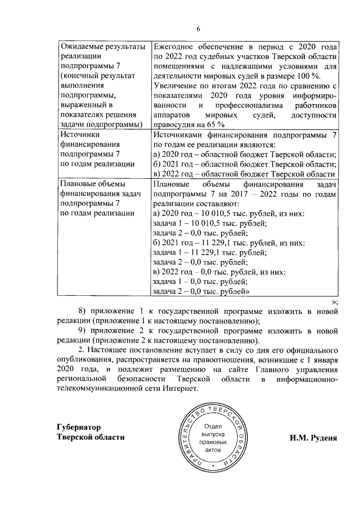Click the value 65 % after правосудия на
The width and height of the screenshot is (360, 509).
tap(216, 124)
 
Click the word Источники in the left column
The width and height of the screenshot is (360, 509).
tap(79, 135)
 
